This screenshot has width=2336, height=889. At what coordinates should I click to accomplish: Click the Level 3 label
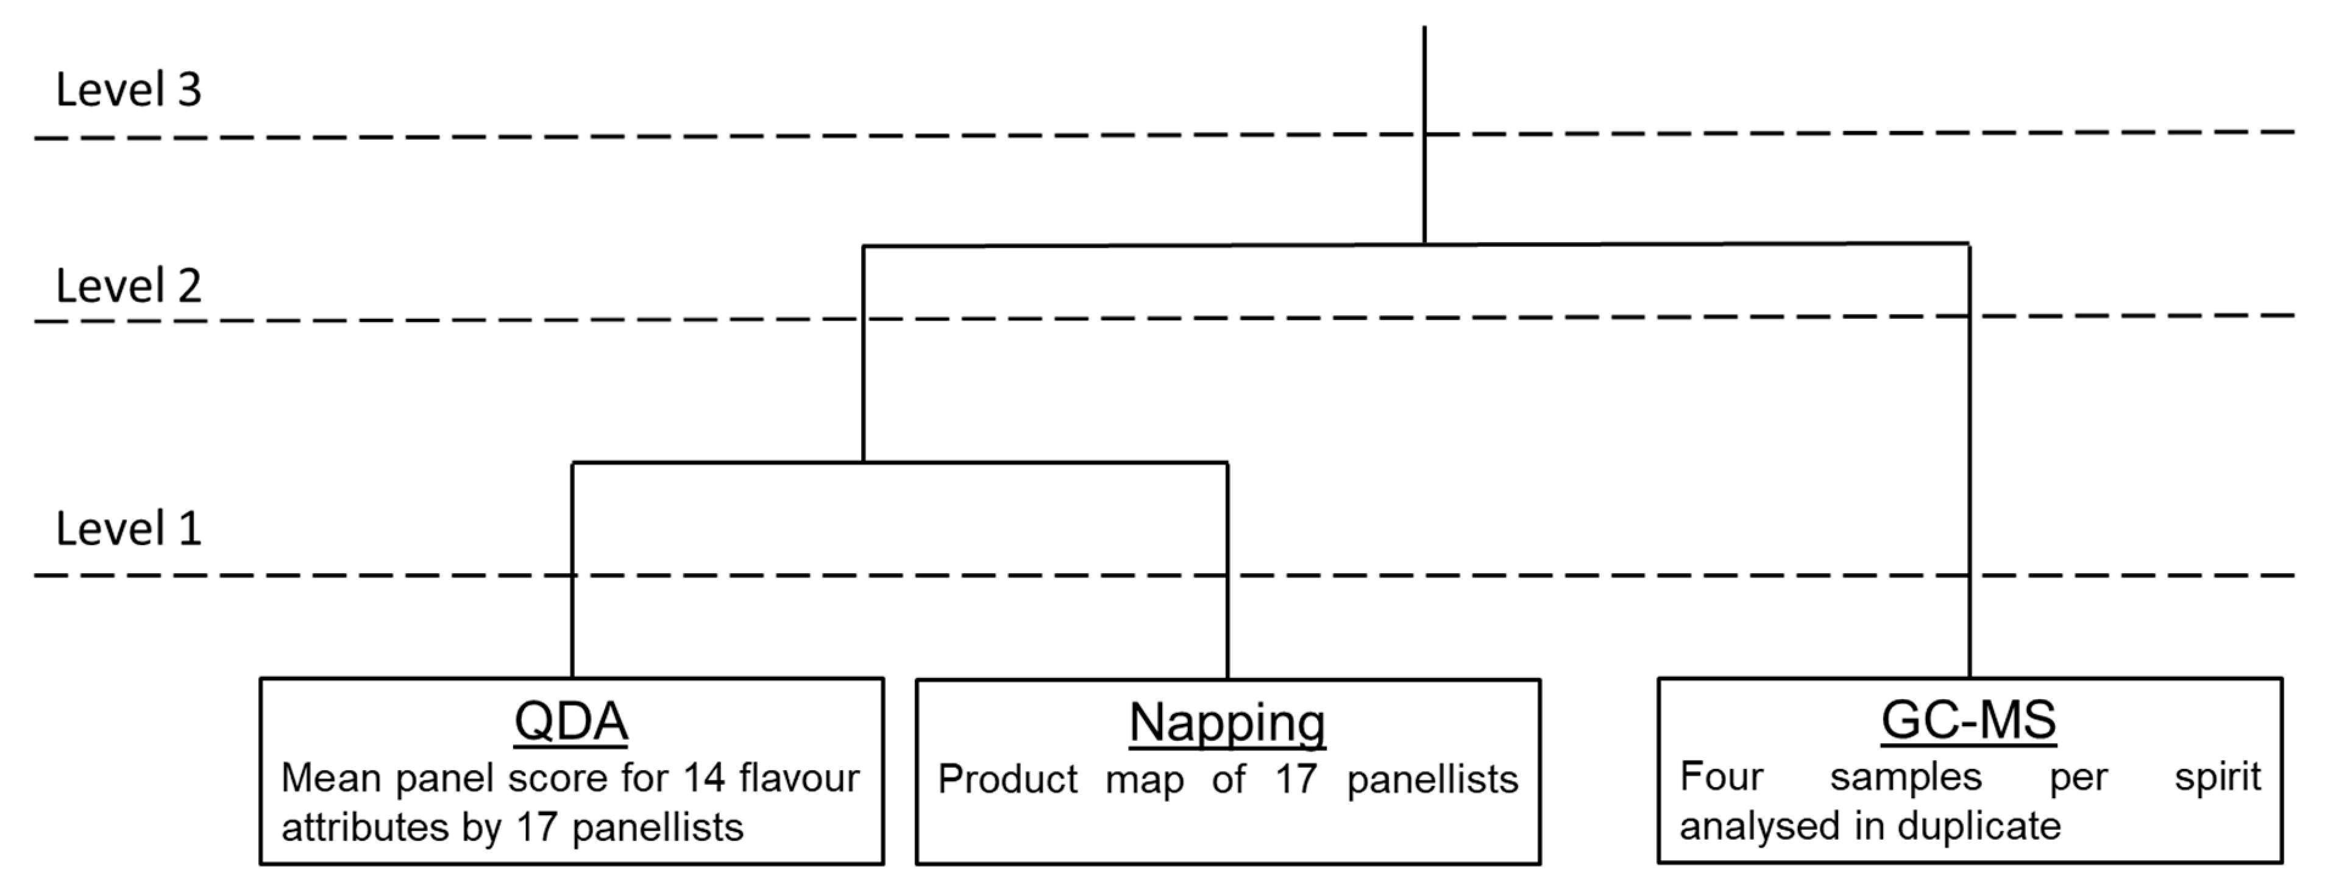pyautogui.click(x=128, y=90)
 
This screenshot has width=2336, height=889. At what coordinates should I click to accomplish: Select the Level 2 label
pyautogui.click(x=128, y=286)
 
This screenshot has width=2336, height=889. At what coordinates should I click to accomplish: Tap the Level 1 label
pyautogui.click(x=128, y=529)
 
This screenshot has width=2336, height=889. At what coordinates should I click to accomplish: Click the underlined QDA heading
pyautogui.click(x=570, y=722)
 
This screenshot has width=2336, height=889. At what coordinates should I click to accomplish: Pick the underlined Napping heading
pyautogui.click(x=1227, y=723)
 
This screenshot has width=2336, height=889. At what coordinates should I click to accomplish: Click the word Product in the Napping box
pyautogui.click(x=1007, y=779)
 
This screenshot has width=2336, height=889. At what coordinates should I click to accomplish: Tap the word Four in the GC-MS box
pyautogui.click(x=1721, y=777)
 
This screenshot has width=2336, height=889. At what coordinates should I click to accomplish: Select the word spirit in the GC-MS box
pyautogui.click(x=2217, y=778)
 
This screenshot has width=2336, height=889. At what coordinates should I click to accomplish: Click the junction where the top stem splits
pyautogui.click(x=1425, y=244)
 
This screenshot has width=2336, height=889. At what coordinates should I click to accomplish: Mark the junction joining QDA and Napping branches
pyautogui.click(x=864, y=463)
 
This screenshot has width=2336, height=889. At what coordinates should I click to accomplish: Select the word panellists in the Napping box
pyautogui.click(x=1432, y=780)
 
